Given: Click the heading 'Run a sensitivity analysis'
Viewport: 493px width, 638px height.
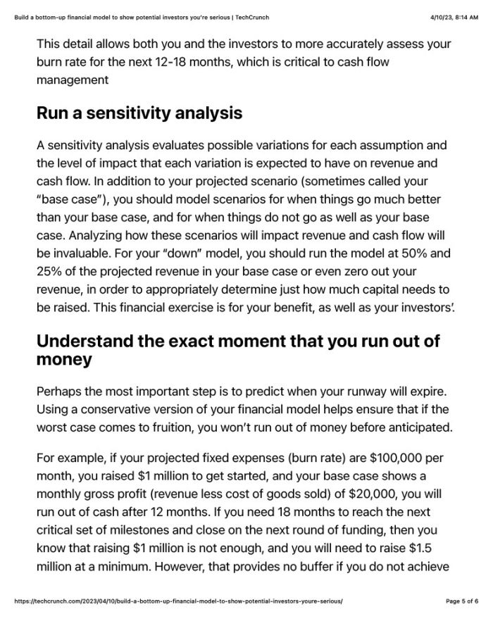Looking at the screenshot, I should point(139,113).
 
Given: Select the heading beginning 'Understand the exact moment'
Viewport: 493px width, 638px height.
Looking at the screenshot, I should point(238,350).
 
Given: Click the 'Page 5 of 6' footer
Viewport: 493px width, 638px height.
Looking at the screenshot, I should point(462,601).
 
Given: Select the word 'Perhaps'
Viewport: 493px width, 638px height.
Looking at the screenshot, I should point(61,390).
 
